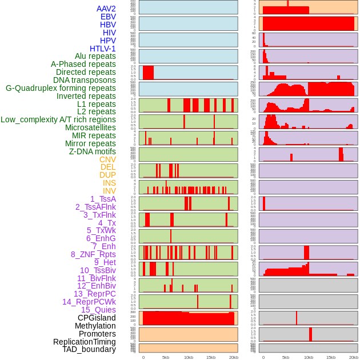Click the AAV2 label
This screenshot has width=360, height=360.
coord(106,9)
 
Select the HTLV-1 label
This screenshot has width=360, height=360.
coord(103,49)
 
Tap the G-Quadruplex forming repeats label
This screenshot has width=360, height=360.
coord(61,88)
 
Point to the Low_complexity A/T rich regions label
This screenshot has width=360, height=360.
coord(58,119)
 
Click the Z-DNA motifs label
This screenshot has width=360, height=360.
coord(93,151)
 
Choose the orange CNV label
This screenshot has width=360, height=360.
coord(107,159)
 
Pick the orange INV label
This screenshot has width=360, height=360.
coord(109,191)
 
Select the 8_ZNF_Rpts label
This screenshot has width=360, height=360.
coord(93,254)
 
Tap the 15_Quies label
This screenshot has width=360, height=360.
coord(98,310)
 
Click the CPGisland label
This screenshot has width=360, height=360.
coord(97,318)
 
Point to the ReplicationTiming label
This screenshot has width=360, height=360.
coord(85,342)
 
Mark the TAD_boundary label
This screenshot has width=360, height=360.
coord(89,349)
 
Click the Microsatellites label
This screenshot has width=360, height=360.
coord(90,127)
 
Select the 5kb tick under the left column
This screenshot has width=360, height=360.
coord(166,357)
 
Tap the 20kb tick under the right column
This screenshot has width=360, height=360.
coord(353,357)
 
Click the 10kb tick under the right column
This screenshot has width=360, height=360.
coord(309,357)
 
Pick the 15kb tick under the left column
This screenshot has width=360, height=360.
coord(210,357)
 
